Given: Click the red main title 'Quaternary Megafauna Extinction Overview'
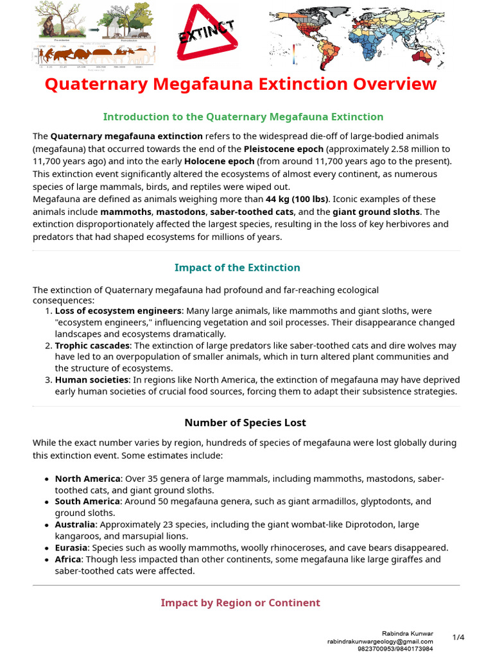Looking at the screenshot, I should pos(240,84).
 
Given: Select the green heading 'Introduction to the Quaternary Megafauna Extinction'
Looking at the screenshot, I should pos(243,117).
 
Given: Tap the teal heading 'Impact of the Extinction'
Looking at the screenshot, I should pos(238,268).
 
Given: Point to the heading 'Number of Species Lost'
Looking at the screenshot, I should pos(245,422).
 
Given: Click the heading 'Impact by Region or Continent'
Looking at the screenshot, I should pos(240,602).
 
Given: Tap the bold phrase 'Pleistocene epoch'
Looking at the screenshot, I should pos(283,148).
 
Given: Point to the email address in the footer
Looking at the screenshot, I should pos(380,641).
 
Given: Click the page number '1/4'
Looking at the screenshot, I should pos(458,637).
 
